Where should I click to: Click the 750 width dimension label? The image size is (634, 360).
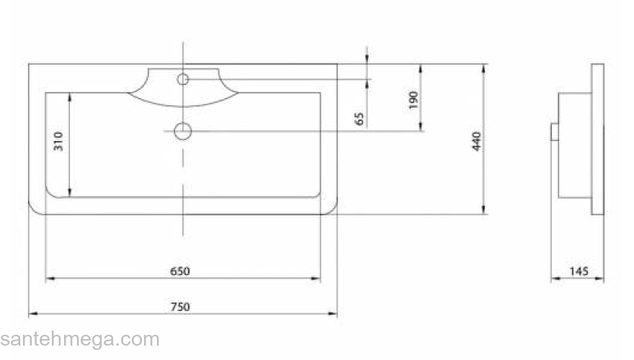click(180, 307)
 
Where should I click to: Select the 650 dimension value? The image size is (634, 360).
click(180, 271)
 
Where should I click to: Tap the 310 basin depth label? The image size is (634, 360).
click(58, 141)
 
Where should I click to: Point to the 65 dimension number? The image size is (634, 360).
click(359, 119)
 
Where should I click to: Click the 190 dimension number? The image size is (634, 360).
click(413, 100)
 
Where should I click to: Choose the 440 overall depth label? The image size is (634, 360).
click(476, 141)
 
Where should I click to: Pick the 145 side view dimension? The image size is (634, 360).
click(579, 271)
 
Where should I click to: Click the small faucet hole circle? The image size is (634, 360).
click(183, 79)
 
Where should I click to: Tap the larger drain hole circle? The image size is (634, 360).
click(183, 131)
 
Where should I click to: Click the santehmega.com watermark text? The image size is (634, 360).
click(80, 339)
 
